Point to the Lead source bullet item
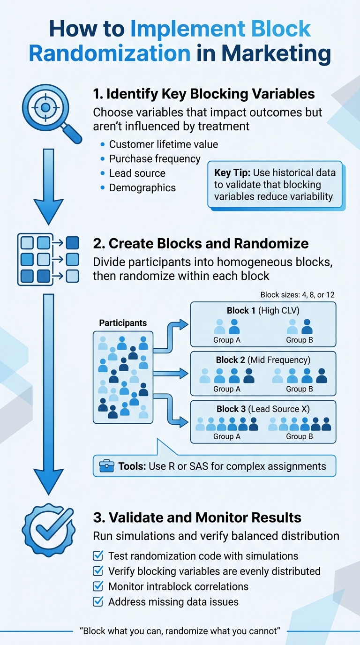pyautogui.click(x=137, y=173)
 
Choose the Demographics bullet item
pyautogui.click(x=142, y=187)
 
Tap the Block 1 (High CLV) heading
pyautogui.click(x=262, y=310)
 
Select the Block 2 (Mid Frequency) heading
pyautogui.click(x=263, y=360)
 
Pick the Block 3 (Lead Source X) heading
pyautogui.click(x=263, y=409)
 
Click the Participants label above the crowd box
pyautogui.click(x=123, y=323)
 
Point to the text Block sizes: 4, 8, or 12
pyautogui.click(x=297, y=295)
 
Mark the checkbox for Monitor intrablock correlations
pyautogui.click(x=98, y=586)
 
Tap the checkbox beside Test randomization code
pyautogui.click(x=98, y=556)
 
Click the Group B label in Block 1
pyautogui.click(x=300, y=340)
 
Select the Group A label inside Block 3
pyautogui.click(x=227, y=436)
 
